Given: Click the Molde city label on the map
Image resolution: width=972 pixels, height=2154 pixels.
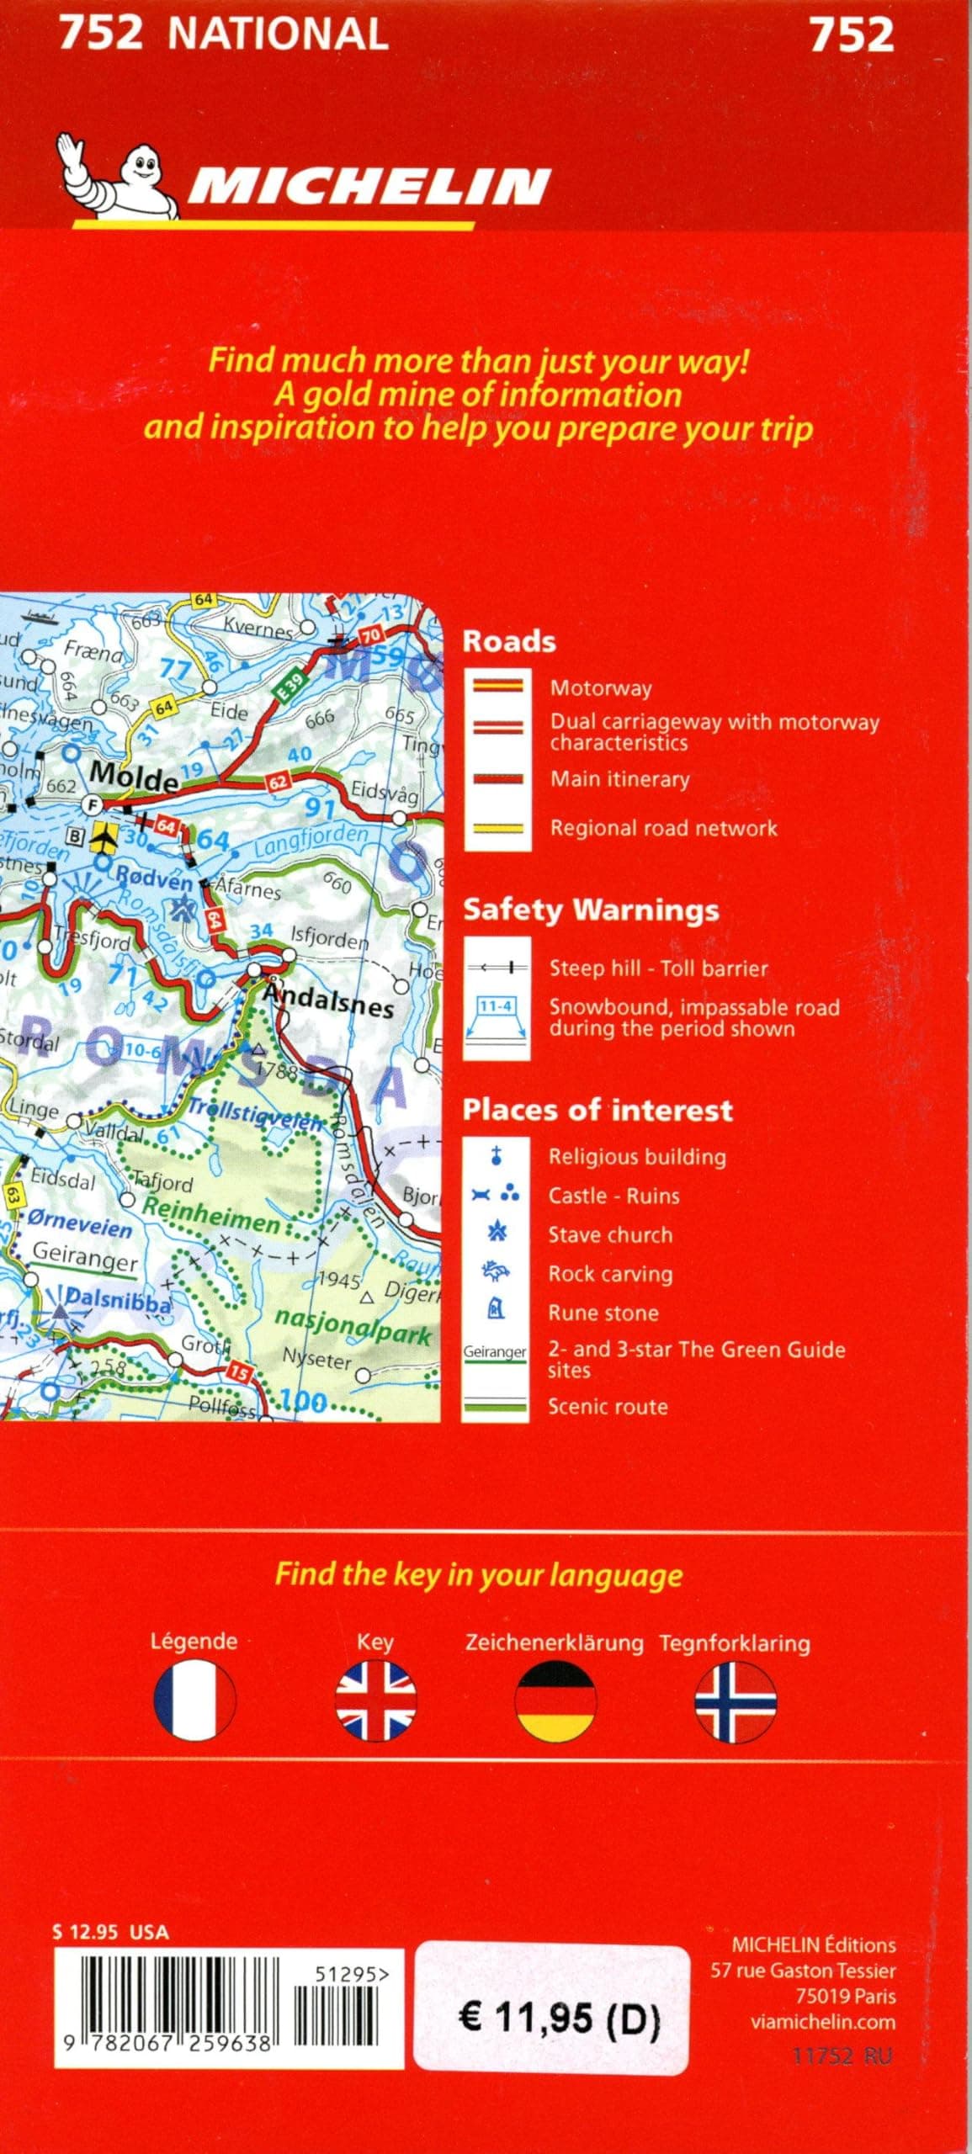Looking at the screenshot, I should click(x=134, y=774).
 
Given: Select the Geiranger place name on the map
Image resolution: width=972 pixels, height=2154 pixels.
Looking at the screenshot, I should click(x=84, y=1258).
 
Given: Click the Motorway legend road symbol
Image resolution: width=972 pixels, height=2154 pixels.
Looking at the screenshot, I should click(x=497, y=686).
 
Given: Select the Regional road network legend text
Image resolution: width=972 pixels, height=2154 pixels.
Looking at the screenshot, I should click(x=663, y=828).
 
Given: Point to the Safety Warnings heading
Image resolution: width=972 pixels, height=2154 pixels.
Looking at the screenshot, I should click(x=591, y=910).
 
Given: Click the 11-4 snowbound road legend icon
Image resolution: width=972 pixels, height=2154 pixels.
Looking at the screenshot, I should click(x=497, y=1016).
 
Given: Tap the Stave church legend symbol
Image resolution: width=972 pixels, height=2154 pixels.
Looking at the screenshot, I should click(x=497, y=1234).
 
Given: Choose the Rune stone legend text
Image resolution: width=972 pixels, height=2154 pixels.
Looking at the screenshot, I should click(x=603, y=1313).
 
